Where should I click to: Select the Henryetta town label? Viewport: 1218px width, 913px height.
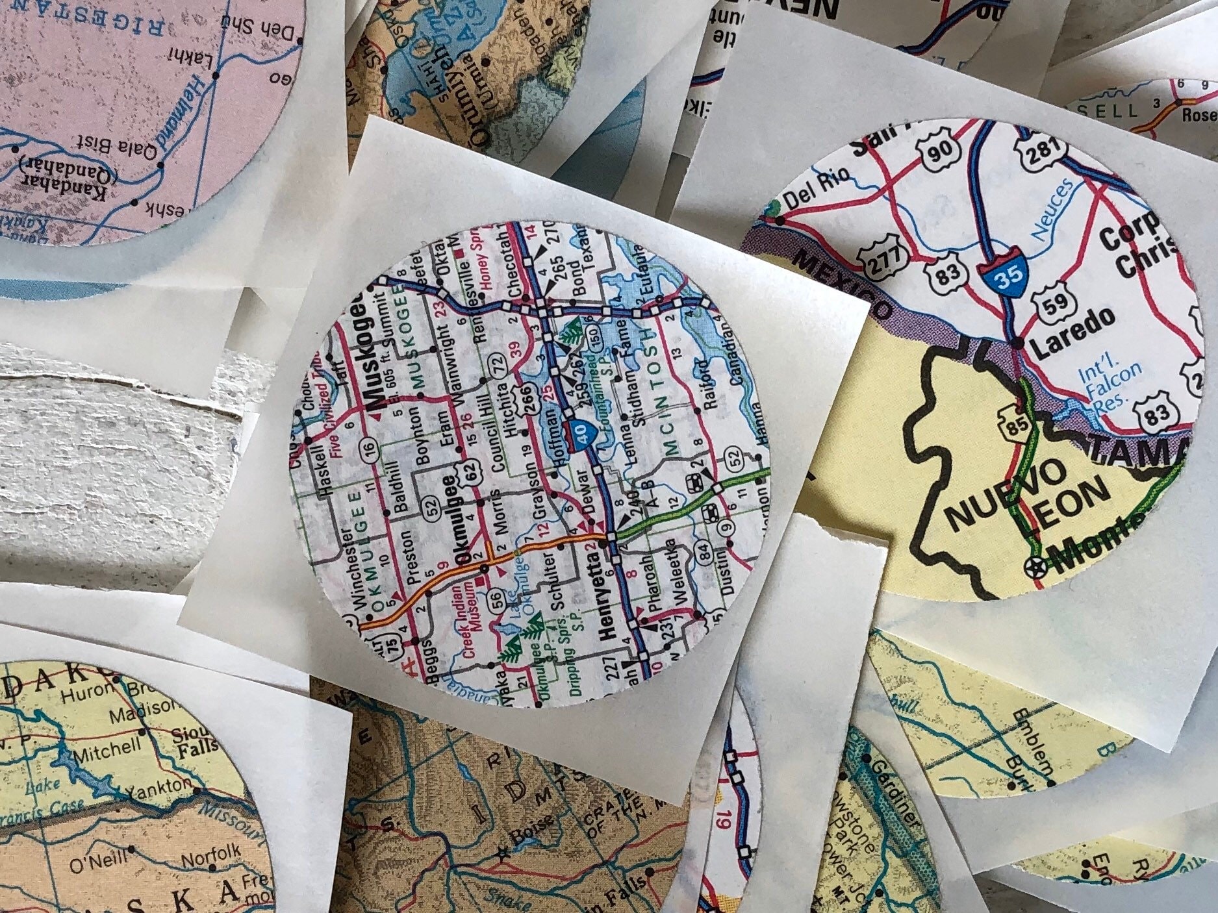609,595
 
